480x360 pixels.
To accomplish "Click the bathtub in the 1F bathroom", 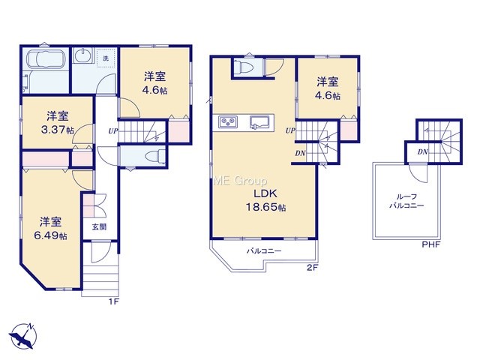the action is click(46, 59).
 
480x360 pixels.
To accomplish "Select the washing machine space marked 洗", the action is click(106, 58).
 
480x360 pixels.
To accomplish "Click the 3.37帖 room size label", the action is click(58, 123).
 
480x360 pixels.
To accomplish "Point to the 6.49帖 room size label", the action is click(50, 229).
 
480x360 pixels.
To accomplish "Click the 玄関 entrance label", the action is click(100, 227).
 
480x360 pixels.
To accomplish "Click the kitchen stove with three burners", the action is click(228, 121).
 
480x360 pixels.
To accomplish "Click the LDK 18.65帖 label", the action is click(266, 200).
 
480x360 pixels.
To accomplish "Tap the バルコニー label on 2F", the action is click(264, 251).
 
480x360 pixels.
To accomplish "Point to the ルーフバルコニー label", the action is click(406, 201).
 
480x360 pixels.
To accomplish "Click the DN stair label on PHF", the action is click(423, 151).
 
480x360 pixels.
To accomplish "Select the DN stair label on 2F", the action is click(300, 154).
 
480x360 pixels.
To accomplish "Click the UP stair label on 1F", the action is click(113, 132).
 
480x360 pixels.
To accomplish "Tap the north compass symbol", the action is click(22, 336).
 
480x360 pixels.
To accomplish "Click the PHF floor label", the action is click(430, 244).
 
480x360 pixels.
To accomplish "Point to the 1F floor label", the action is click(114, 301).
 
